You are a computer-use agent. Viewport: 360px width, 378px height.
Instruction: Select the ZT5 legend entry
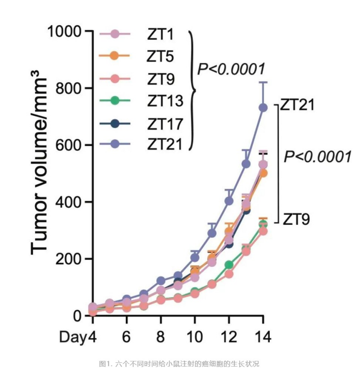tap(158, 56)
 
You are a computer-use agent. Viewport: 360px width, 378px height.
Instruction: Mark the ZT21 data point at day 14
tap(263, 107)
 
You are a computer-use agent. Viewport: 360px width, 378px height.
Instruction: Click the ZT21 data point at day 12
tap(229, 201)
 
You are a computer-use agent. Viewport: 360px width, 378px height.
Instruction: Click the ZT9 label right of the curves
tap(297, 219)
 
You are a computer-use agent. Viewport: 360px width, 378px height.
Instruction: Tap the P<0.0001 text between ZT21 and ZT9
tap(317, 156)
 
